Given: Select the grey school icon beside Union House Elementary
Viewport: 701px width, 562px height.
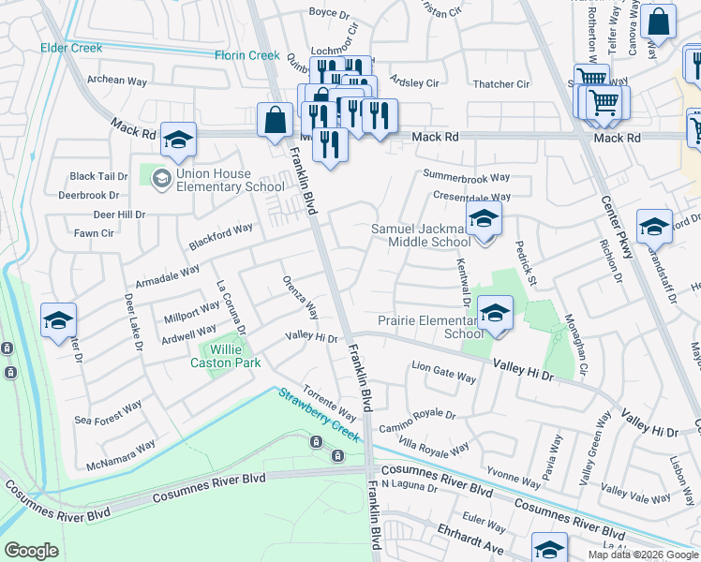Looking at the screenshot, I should [160, 177].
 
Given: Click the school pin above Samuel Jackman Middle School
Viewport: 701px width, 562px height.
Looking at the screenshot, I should [484, 220].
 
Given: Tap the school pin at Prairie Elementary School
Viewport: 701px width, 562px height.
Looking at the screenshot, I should [495, 313].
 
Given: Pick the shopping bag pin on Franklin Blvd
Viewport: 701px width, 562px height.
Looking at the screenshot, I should [275, 121].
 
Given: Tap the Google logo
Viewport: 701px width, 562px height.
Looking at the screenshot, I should [32, 551].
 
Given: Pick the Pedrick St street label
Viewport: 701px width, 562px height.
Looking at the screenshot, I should [525, 263].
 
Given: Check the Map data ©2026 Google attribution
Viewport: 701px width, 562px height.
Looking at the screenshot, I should [643, 555].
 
